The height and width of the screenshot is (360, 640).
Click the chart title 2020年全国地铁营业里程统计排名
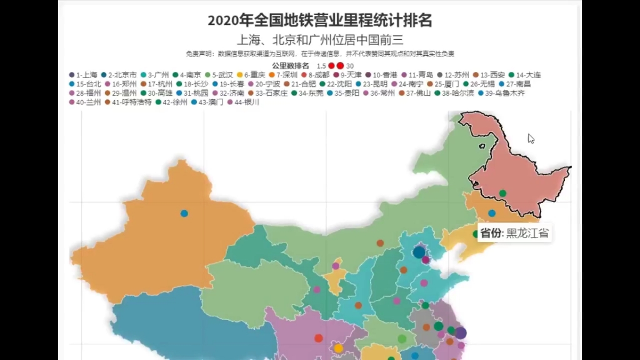pyautogui.click(x=319, y=21)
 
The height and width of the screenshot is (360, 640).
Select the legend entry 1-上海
pyautogui.click(x=84, y=75)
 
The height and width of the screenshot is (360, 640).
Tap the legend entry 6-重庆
pyautogui.click(x=252, y=75)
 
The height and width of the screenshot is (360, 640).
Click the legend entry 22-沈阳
pyautogui.click(x=339, y=84)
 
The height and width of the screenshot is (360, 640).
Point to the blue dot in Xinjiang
pyautogui.click(x=184, y=213)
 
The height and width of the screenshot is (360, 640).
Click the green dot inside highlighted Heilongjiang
pyautogui.click(x=502, y=193)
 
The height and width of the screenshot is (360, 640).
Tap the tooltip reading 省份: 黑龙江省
pyautogui.click(x=514, y=233)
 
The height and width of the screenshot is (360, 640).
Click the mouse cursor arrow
pyautogui.click(x=531, y=138)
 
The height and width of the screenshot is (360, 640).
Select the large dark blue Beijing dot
pyautogui.click(x=419, y=252)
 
